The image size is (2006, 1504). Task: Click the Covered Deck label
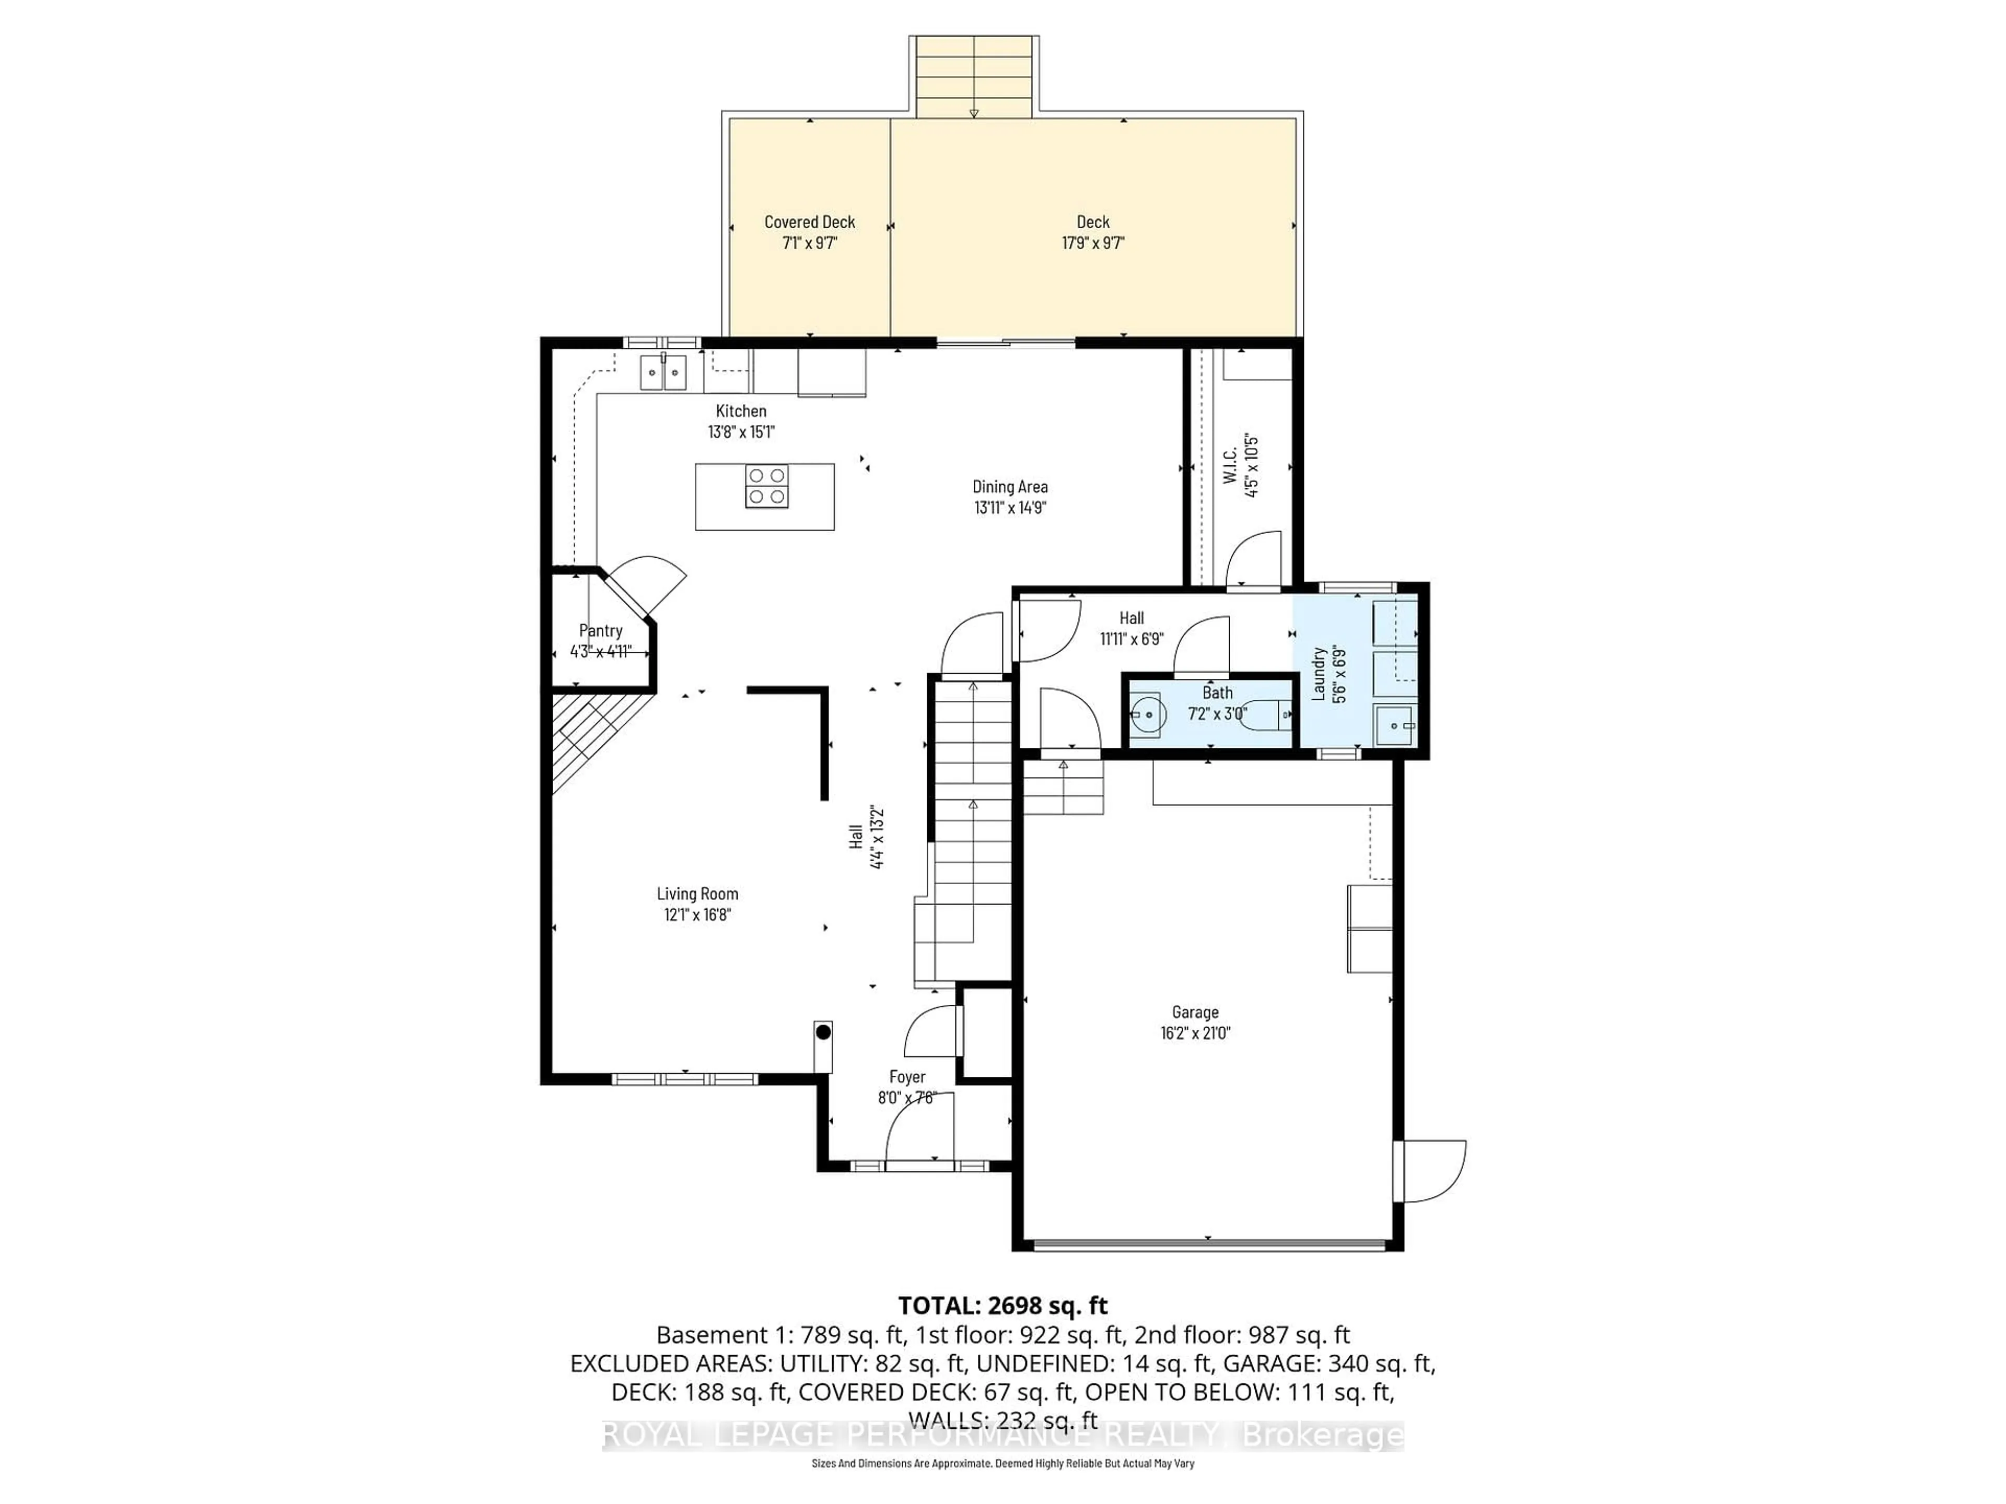tap(809, 222)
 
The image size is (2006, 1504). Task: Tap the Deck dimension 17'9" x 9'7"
tap(1093, 243)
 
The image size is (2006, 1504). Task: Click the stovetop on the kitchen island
tap(766, 486)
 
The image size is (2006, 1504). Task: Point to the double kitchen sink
tap(663, 372)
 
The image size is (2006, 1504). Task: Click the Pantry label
tap(600, 631)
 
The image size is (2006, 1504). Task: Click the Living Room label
tap(697, 894)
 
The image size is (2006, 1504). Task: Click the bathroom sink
tap(1147, 715)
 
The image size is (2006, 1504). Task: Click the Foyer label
tap(907, 1077)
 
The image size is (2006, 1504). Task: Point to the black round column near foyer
tap(823, 1032)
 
